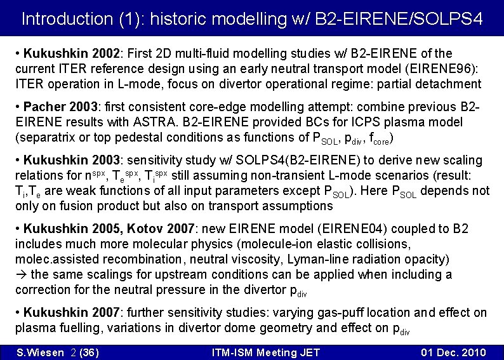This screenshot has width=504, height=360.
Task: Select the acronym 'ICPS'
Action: [x=353, y=122]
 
